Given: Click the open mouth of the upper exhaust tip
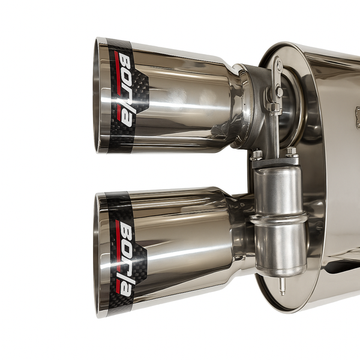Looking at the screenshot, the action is click(x=97, y=95).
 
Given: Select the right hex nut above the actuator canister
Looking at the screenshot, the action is click(x=292, y=152).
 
